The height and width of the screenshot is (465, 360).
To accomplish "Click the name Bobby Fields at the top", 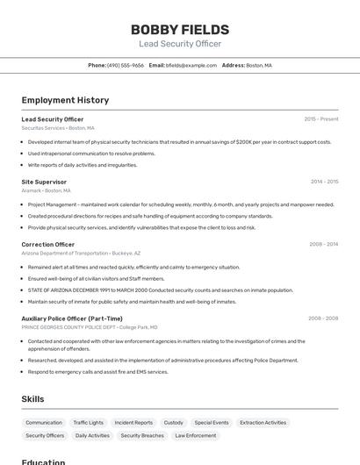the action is click(x=180, y=29).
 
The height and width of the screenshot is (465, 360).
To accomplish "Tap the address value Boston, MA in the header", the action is click(x=259, y=65).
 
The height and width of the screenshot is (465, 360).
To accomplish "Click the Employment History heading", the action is click(x=65, y=100).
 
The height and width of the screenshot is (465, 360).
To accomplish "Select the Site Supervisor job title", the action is click(x=44, y=182).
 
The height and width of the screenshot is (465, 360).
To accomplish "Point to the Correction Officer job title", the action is click(x=48, y=244).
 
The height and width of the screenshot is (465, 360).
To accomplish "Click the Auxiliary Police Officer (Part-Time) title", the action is click(x=72, y=318).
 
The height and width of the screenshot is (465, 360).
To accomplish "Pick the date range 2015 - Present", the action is click(x=320, y=118).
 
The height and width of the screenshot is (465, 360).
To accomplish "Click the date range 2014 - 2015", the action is click(x=324, y=182).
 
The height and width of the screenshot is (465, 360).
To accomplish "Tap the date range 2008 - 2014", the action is click(x=323, y=244).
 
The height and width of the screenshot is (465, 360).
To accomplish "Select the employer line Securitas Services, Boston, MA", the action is click(x=58, y=127).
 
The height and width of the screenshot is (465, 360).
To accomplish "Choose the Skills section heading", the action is click(x=32, y=399).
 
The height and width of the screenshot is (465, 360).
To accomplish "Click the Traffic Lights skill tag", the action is click(x=88, y=422).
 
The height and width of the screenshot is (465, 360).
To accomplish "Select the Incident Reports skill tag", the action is click(x=133, y=422).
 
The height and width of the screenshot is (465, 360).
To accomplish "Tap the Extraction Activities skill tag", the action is click(x=263, y=422).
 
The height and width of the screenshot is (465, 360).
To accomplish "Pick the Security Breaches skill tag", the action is click(x=142, y=435).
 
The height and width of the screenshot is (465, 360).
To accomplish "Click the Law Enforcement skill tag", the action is click(x=195, y=435).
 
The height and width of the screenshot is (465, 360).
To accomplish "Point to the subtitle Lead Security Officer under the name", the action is click(x=180, y=44).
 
